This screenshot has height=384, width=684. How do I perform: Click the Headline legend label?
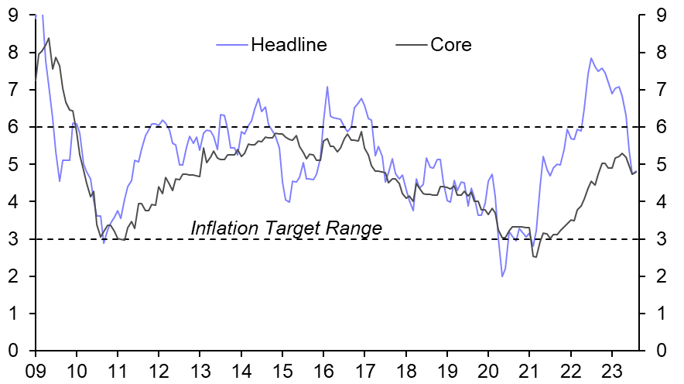tap(289, 44)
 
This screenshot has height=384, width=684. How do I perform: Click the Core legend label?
tap(450, 44)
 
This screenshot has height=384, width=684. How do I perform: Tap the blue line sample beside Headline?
tap(231, 44)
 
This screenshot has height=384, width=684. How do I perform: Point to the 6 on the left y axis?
tap(13, 127)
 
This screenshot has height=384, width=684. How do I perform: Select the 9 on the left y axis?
tap(13, 15)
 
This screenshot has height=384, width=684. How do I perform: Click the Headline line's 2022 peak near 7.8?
tap(591, 58)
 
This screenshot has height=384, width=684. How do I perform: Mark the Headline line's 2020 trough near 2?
tap(502, 276)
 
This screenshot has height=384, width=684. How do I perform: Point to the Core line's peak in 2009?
tap(49, 38)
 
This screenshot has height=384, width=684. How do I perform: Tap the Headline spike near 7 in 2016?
tap(327, 87)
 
